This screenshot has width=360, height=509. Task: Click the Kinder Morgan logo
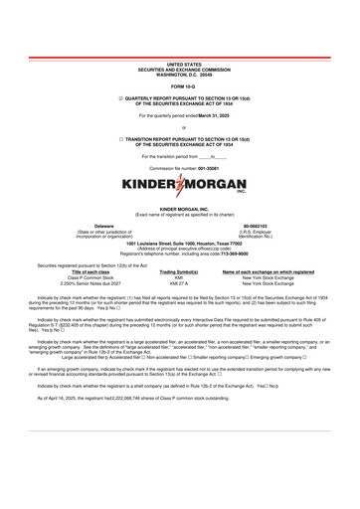click(x=181, y=186)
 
